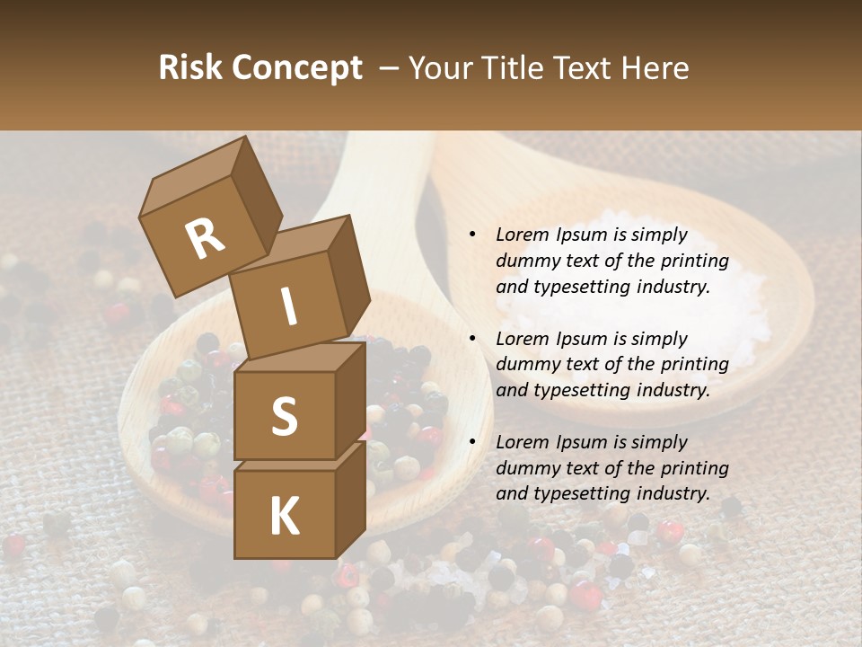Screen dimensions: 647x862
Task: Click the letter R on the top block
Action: (x=205, y=238)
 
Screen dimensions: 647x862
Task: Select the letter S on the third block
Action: (x=284, y=416)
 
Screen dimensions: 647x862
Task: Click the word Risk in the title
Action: (x=189, y=67)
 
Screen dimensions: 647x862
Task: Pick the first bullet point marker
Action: (x=471, y=235)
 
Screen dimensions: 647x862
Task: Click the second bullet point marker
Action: (x=471, y=339)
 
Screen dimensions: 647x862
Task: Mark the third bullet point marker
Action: (x=471, y=442)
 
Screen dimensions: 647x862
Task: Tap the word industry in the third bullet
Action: (x=673, y=493)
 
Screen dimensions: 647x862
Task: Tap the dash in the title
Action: (x=391, y=67)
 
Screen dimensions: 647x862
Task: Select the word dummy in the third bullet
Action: (x=528, y=468)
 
